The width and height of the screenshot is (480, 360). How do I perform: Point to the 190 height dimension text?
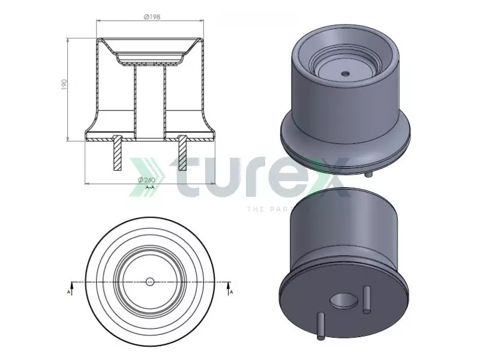coord(64,86)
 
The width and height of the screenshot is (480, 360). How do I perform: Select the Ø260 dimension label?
coord(146,180)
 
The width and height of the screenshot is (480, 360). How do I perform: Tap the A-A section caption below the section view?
coord(150,187)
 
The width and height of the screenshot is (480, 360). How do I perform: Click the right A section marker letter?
coord(231,292)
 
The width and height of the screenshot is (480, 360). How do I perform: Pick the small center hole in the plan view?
coord(150,281)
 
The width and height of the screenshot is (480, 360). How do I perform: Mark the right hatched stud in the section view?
coord(182,154)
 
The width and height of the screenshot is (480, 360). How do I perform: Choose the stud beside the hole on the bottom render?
coord(365,299)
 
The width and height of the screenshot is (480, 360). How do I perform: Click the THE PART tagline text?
coord(277,209)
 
